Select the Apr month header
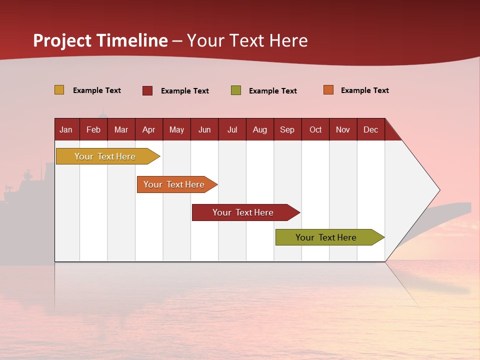coord(149,129)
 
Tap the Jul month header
coord(232,129)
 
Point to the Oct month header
coord(315,129)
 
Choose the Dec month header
coord(371,129)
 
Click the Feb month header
coord(93,129)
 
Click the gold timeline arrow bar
coord(108,156)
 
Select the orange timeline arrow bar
coord(177,184)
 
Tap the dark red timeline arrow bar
coord(246,212)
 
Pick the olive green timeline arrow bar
coord(330,237)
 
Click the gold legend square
coord(59,89)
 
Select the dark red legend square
coord(147,90)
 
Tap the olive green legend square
coord(236,90)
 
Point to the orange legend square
coord(328,89)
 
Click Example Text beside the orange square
coord(365,90)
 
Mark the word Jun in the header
coord(204,130)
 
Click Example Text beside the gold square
coord(97,90)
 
